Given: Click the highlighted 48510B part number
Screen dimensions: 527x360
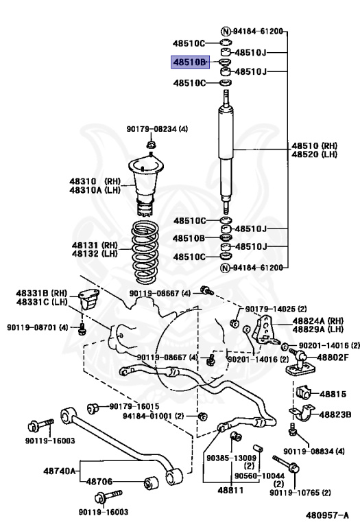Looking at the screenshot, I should (x=189, y=62).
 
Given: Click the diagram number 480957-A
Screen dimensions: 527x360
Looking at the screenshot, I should (x=327, y=513).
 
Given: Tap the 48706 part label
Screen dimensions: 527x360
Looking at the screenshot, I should (x=101, y=482).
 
